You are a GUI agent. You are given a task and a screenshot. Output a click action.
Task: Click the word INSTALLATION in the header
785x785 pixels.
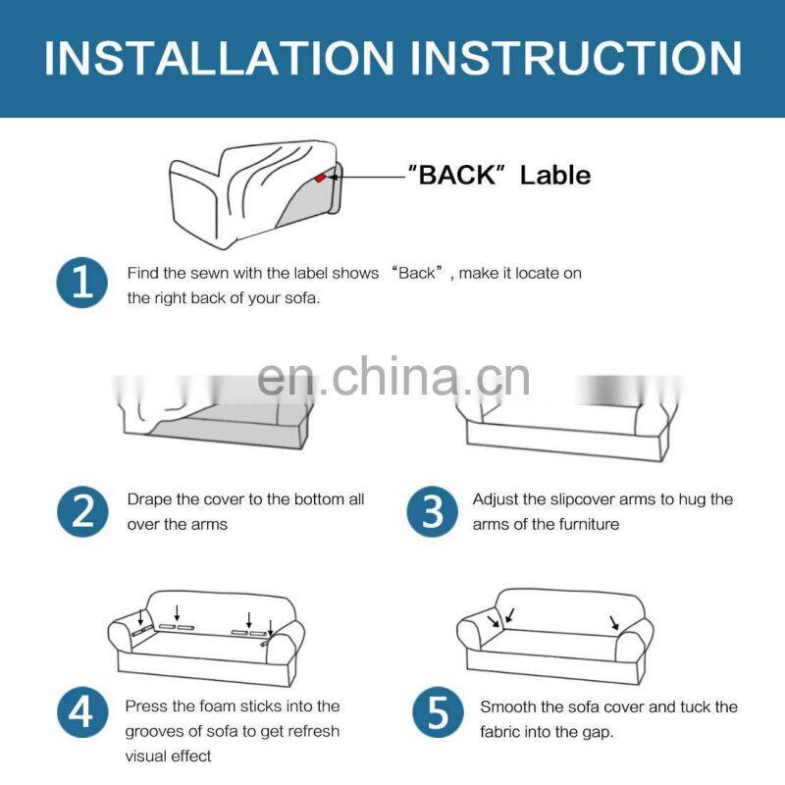[219, 59]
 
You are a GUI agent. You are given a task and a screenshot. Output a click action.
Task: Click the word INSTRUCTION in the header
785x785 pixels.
[577, 59]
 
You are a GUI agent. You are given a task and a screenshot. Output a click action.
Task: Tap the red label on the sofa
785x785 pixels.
[320, 178]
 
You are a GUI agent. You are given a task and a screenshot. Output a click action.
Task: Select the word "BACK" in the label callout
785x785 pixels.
[456, 176]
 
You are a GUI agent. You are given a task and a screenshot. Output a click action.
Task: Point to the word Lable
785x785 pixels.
[555, 176]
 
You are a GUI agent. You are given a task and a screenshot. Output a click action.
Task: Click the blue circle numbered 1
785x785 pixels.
[82, 283]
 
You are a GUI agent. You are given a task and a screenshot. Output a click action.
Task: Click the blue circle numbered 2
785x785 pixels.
[82, 511]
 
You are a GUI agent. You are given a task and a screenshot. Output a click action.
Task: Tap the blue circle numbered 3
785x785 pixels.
[432, 511]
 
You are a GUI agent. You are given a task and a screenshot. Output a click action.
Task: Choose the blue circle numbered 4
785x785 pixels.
[82, 712]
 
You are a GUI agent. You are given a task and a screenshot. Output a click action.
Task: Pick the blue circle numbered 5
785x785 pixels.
[438, 712]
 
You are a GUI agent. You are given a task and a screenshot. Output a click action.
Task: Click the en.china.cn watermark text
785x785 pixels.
[393, 378]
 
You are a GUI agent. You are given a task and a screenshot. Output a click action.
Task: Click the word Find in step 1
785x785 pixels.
[142, 274]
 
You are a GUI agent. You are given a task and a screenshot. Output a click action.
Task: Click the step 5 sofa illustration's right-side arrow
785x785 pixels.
[614, 622]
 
